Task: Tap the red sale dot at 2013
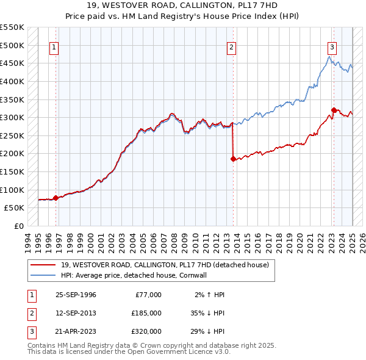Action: click(233, 159)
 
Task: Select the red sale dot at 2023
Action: click(334, 110)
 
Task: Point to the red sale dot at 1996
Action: click(56, 198)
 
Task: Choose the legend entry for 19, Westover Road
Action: click(168, 265)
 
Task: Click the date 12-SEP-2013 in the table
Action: click(76, 313)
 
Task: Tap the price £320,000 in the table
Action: click(146, 331)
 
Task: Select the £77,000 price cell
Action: click(148, 295)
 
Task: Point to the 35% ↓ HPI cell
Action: click(207, 313)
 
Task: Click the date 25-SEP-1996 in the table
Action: click(76, 295)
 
